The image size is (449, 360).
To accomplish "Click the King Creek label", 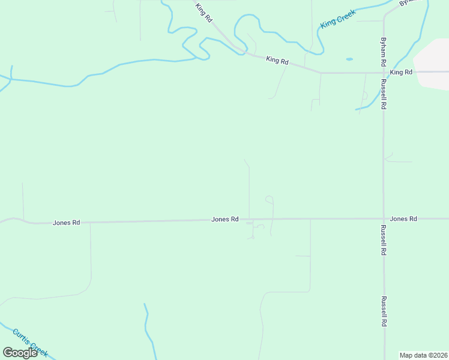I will point(338,19).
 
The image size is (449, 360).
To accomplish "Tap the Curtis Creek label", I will point(30,342).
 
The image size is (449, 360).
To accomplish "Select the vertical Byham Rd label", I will point(383,52).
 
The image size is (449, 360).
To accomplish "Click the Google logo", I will point(20,353).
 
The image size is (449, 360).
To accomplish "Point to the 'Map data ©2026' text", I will point(423,355).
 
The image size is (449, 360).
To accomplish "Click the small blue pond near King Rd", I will point(349,59).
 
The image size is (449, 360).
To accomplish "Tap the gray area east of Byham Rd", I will point(432,63).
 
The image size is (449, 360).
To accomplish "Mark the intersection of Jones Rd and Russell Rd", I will point(384,219).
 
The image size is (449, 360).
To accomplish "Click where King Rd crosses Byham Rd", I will point(384,73).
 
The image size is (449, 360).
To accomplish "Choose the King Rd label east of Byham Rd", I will point(401,73).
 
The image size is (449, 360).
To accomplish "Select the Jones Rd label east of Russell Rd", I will point(403,219).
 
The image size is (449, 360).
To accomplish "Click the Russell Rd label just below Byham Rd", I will point(383,95).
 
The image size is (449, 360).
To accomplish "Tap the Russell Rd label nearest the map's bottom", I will point(383,311).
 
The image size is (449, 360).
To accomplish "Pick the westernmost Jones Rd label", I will point(67,223).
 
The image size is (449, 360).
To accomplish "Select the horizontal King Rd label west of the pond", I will point(277,61).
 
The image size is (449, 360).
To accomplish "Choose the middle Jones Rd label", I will point(225,220).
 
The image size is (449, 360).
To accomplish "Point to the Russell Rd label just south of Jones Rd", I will point(383,241).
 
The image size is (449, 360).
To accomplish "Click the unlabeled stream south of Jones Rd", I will point(148,330).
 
